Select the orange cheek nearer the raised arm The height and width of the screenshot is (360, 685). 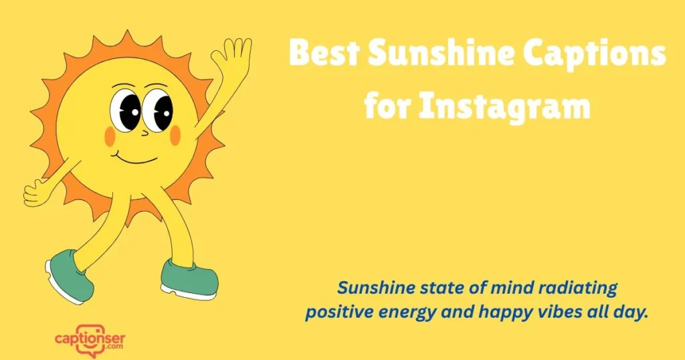click(175, 135)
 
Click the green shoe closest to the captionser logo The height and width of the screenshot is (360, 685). click(71, 274)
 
